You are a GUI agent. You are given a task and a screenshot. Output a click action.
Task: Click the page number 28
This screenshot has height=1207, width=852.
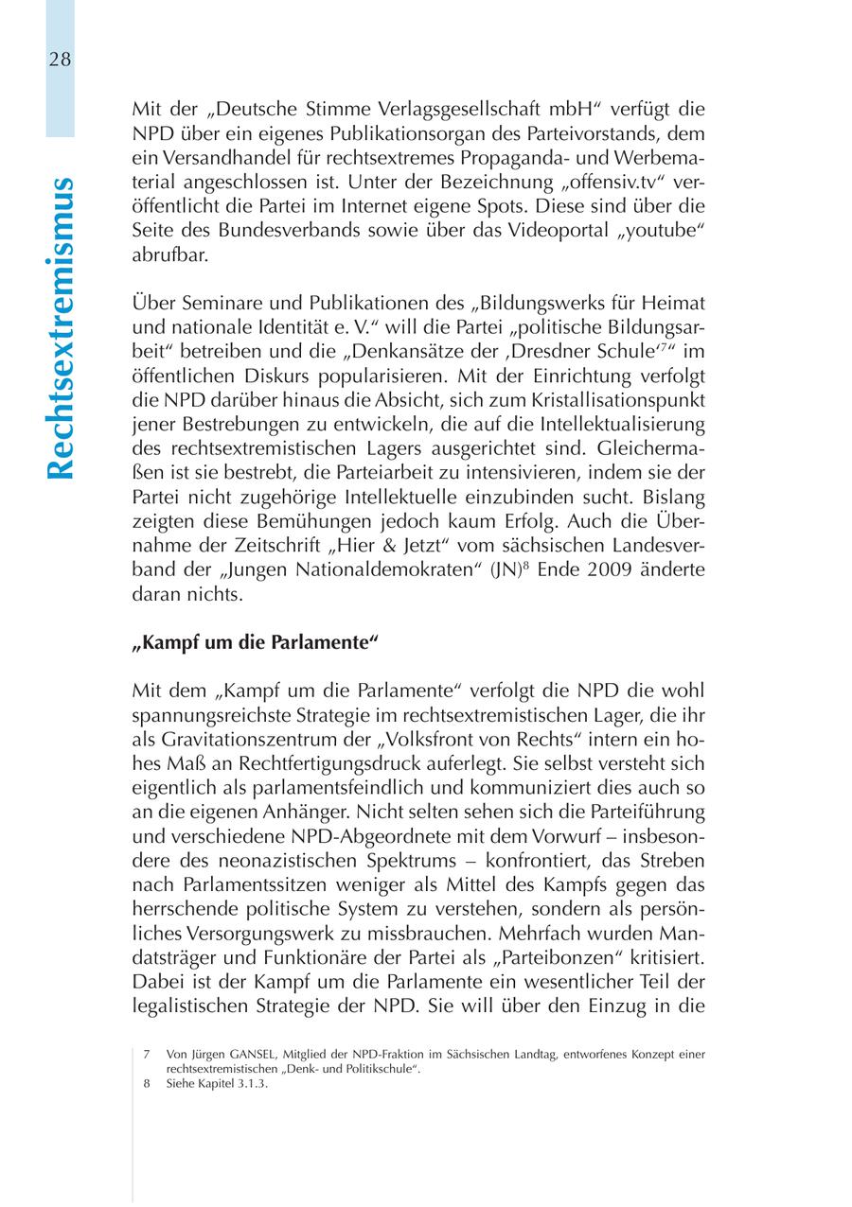pyautogui.click(x=60, y=60)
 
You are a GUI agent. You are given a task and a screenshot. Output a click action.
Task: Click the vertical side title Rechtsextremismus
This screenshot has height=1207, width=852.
pyautogui.click(x=60, y=327)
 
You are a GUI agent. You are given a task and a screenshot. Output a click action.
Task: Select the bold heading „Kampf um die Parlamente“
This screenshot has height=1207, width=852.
pyautogui.click(x=255, y=640)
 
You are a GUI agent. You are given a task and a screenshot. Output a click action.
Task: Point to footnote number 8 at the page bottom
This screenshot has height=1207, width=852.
pyautogui.click(x=148, y=1085)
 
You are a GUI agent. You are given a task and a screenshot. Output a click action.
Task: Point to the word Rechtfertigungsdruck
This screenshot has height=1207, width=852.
pyautogui.click(x=378, y=762)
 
